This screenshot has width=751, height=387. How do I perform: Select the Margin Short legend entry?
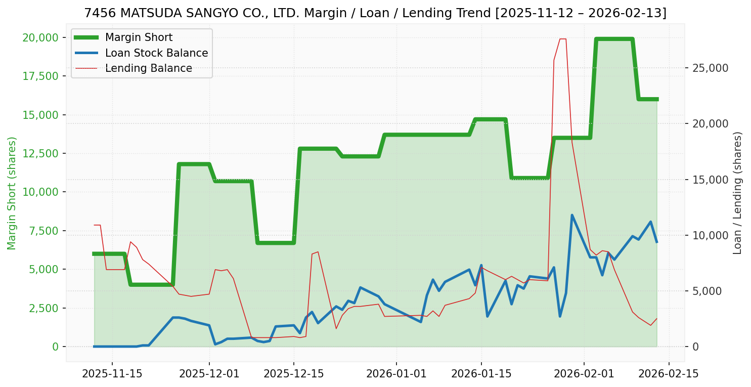point(139,37)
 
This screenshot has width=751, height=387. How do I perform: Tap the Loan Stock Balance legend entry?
point(156,53)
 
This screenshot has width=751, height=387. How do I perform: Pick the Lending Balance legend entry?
point(148,68)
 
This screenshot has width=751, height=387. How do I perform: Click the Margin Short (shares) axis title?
point(12,193)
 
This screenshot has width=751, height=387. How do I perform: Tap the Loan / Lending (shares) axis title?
point(737,193)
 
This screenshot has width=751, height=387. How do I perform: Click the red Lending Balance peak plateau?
point(562,39)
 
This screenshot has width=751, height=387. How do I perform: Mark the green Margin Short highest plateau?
point(614,39)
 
